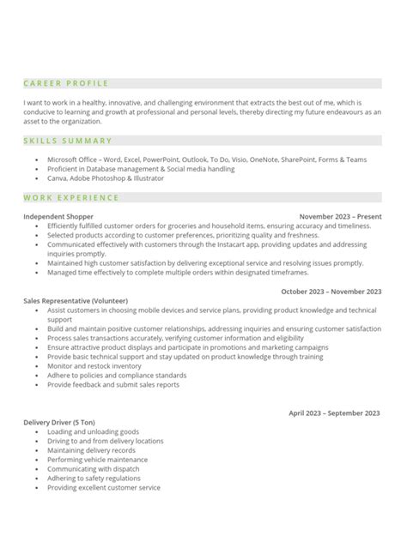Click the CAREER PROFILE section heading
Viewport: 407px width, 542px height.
coord(66,83)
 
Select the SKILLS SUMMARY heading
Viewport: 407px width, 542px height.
coord(68,141)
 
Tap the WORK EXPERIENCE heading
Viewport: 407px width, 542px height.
coord(71,198)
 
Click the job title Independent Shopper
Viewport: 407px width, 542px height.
coord(58,218)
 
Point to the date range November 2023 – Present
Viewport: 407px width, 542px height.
coord(339,218)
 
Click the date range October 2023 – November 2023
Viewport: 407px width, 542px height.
coord(330,292)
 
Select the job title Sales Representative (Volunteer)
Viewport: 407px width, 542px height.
coord(76,300)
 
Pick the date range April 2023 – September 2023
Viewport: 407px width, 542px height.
coord(334,413)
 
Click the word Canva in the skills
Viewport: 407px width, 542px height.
coord(57,178)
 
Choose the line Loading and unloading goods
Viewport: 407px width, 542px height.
coord(93,431)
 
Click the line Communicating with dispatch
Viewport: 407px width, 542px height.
coord(94,469)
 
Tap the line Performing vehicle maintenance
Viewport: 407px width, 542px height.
coord(96,460)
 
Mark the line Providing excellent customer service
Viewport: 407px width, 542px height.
coord(104,487)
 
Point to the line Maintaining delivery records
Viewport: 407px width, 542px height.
coord(92,450)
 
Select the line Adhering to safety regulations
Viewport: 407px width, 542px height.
coord(93,478)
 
